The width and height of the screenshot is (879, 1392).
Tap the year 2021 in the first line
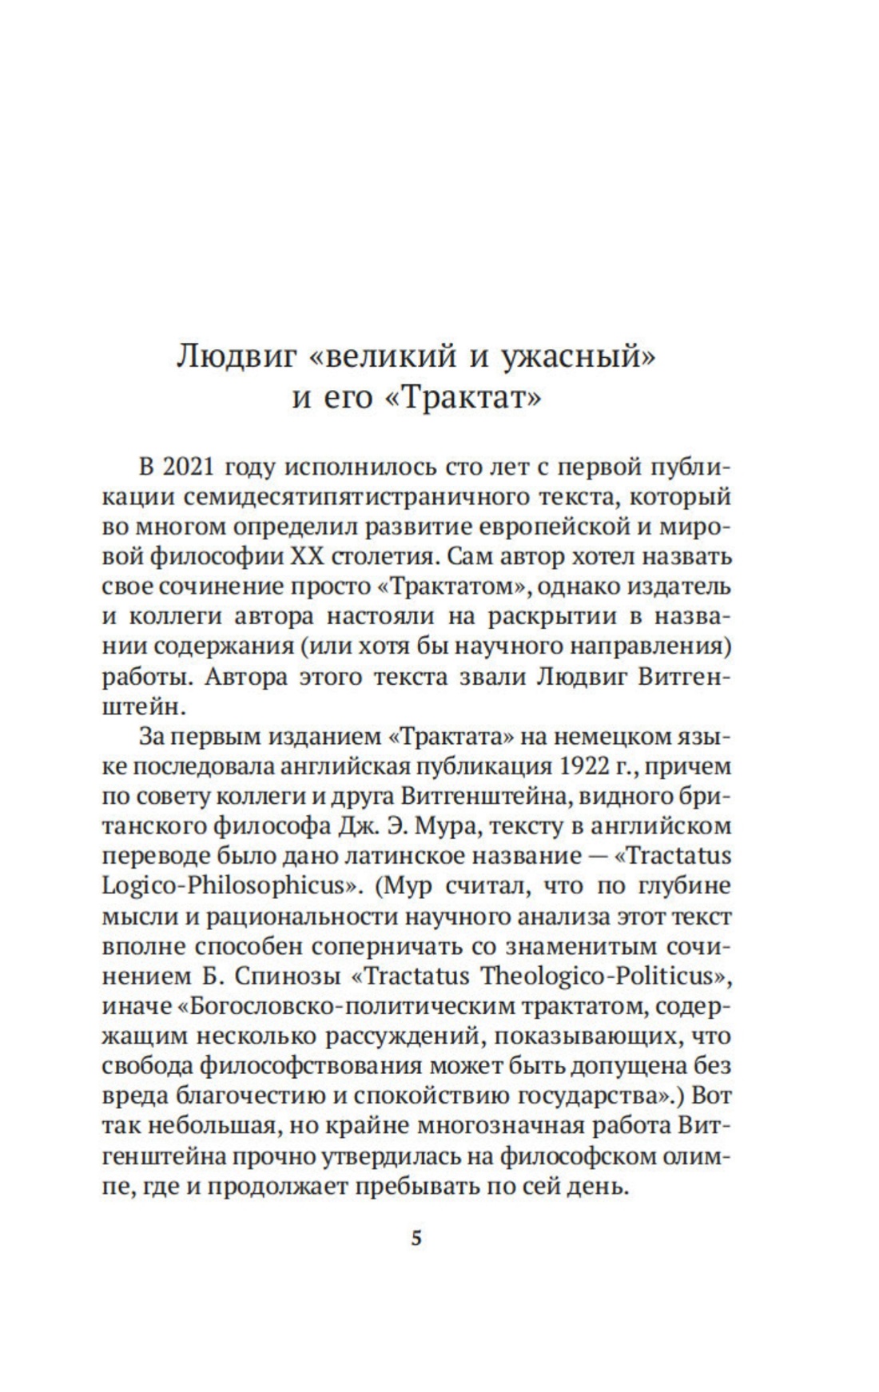[x=187, y=467]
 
